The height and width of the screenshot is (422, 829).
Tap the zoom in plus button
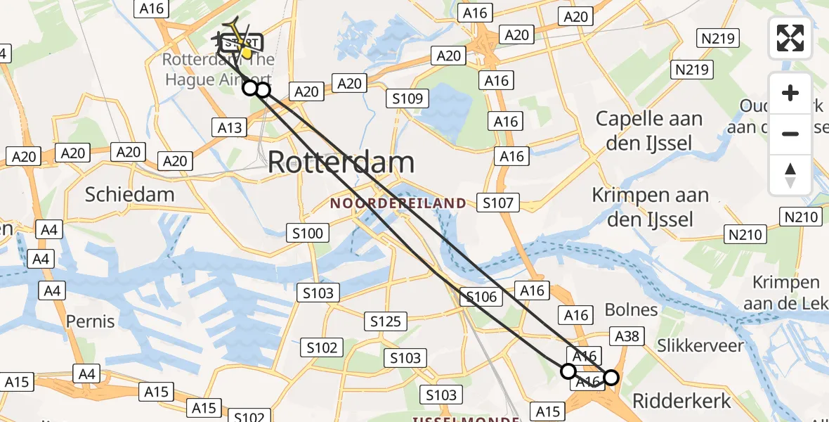[790, 93]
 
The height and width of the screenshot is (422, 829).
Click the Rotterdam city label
[341, 162]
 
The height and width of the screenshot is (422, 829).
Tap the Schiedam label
[129, 194]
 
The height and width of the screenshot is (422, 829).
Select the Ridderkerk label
[681, 401]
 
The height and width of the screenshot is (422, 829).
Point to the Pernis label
[90, 321]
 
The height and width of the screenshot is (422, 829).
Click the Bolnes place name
[631, 309]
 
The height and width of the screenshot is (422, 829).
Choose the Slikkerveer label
[700, 345]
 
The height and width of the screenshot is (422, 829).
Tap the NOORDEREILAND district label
[398, 203]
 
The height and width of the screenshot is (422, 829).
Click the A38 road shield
[626, 336]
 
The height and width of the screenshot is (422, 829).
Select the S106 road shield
[481, 297]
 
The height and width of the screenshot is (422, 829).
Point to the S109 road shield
[407, 98]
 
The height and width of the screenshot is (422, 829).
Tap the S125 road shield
[386, 321]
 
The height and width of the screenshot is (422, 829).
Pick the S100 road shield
[308, 234]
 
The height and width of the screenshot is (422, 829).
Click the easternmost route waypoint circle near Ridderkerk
[611, 378]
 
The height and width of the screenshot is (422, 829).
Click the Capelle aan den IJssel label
[649, 131]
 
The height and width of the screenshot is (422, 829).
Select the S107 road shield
[498, 204]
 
